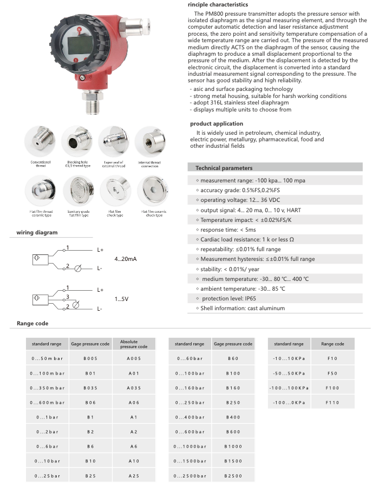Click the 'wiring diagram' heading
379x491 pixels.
pyautogui.click(x=37, y=233)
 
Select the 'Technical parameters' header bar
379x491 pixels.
pyautogui.click(x=224, y=168)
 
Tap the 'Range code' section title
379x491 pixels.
pyautogui.click(x=32, y=323)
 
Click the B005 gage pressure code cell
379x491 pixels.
pyautogui.click(x=90, y=358)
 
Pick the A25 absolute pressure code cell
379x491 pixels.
pyautogui.click(x=134, y=476)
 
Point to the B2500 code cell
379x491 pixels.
pyautogui.click(x=233, y=476)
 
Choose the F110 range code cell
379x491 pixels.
pyautogui.click(x=332, y=403)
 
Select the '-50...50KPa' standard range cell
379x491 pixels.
pyautogui.click(x=290, y=373)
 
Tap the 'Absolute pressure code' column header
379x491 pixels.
pyautogui.click(x=134, y=344)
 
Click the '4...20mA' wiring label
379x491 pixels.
pyautogui.click(x=126, y=259)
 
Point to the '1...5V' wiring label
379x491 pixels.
pyautogui.click(x=122, y=299)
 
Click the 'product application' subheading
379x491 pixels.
pyautogui.click(x=216, y=123)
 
